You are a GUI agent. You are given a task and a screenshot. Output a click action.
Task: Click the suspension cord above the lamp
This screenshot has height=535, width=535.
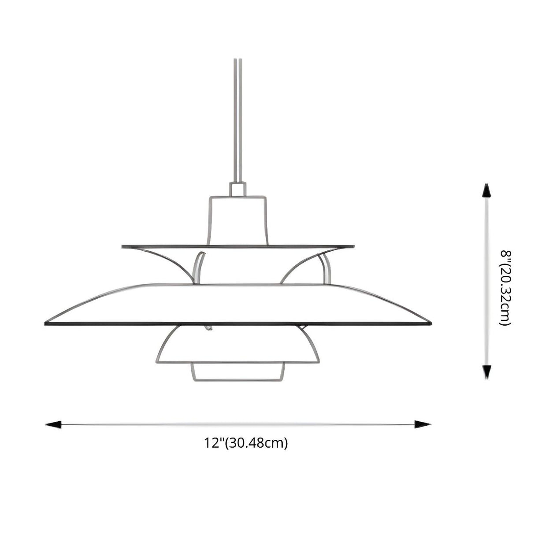coord(238,119)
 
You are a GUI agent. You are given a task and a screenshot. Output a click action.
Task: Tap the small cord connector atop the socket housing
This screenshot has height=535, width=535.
coord(238,189)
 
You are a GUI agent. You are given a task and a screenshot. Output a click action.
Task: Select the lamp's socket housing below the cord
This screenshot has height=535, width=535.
coord(238,220)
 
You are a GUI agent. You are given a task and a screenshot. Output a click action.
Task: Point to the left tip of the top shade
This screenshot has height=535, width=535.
coord(123,246)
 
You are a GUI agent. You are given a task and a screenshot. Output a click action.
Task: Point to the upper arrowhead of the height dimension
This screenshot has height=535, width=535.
coord(486,190)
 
